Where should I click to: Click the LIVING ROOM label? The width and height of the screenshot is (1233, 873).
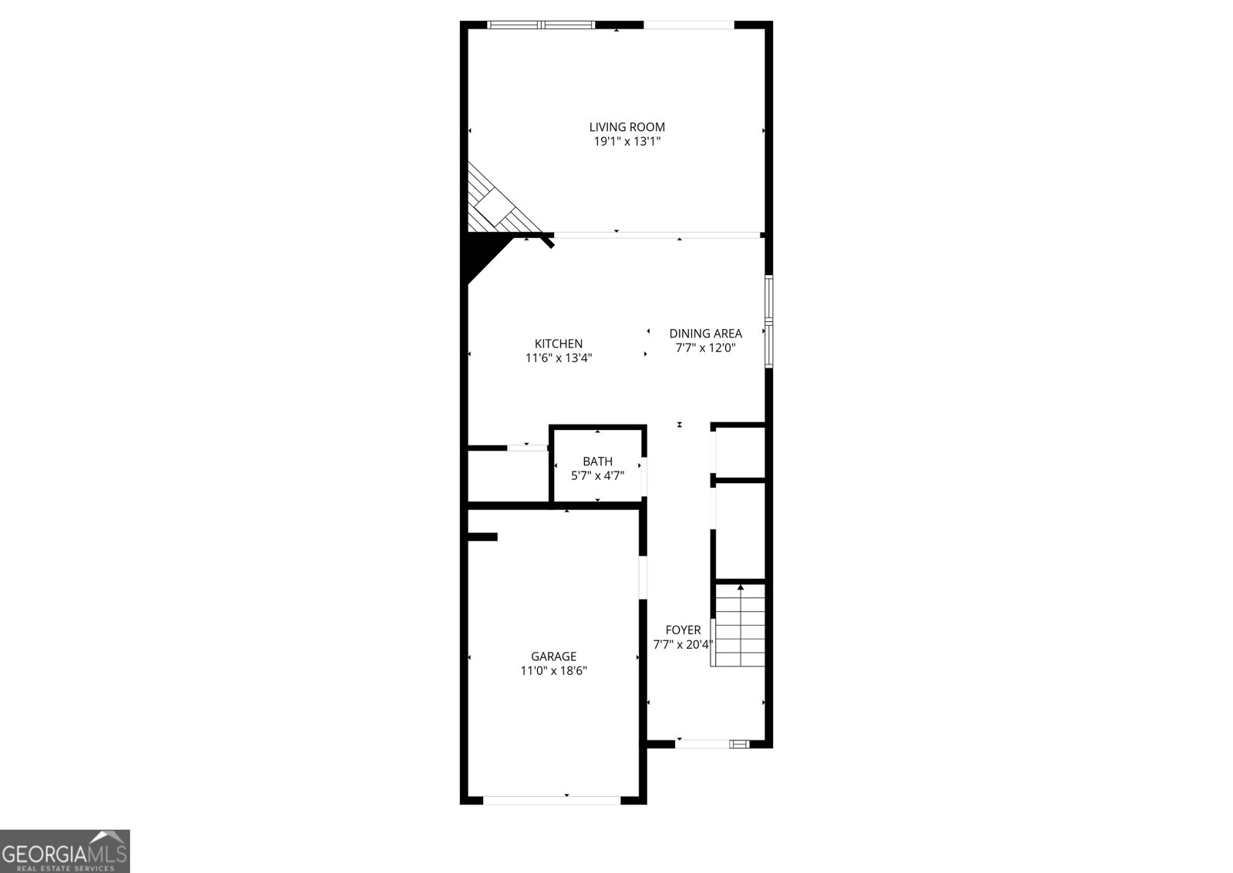627,127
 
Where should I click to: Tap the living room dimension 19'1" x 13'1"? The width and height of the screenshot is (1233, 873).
627,142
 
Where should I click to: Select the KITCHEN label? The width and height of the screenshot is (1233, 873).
559,344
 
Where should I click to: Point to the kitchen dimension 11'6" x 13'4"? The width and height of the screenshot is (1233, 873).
559,358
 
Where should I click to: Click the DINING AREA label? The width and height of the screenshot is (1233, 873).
706,334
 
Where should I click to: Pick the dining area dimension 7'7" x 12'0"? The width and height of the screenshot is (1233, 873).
706,348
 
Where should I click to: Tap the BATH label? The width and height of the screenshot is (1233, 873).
598,462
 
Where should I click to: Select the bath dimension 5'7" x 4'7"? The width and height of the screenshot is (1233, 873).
598,475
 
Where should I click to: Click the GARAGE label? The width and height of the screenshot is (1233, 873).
554,656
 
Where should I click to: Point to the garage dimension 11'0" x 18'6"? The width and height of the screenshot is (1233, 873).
554,670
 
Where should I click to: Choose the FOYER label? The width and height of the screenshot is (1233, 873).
683,630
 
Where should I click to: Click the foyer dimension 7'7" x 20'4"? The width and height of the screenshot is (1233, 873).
683,645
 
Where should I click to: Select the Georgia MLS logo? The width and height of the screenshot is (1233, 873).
65,851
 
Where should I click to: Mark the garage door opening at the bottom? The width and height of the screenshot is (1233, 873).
552,800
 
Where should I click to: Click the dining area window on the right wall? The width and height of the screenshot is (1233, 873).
769,321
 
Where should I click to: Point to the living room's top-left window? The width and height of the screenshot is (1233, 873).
542,25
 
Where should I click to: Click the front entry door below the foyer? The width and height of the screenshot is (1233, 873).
712,744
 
